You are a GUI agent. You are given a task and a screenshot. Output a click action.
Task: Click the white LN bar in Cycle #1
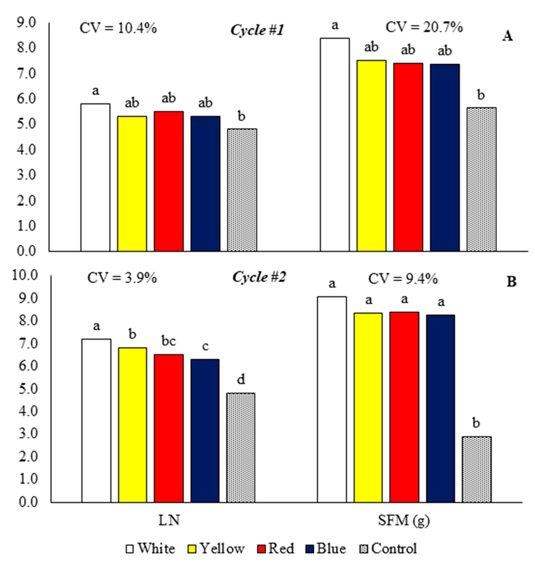click(x=95, y=177)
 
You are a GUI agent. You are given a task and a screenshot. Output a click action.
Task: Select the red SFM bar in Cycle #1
click(x=408, y=157)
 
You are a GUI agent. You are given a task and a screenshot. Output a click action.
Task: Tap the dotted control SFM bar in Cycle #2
click(x=476, y=471)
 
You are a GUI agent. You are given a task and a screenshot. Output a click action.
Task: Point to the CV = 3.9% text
click(x=122, y=278)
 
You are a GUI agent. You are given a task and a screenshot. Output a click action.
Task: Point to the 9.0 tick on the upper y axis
click(x=26, y=23)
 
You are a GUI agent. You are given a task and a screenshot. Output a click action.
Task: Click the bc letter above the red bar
click(x=169, y=341)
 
